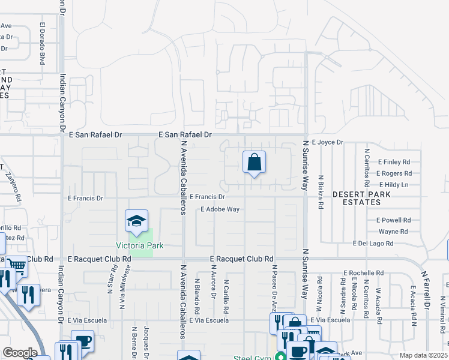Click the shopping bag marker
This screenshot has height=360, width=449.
point(254,162)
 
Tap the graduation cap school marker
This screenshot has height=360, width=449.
point(136,221)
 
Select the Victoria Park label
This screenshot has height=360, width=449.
point(140,245)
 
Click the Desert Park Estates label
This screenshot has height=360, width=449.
point(362,194)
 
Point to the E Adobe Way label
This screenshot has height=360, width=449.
point(220,209)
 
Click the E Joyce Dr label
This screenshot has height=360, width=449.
point(327,142)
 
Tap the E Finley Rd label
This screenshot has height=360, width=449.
point(394,162)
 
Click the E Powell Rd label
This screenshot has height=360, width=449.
point(393,220)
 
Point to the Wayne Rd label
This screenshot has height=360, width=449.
point(393,232)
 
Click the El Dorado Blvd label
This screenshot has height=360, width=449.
point(43,44)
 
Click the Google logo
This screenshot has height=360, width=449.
point(20,353)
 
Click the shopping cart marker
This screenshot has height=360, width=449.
point(17,265)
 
